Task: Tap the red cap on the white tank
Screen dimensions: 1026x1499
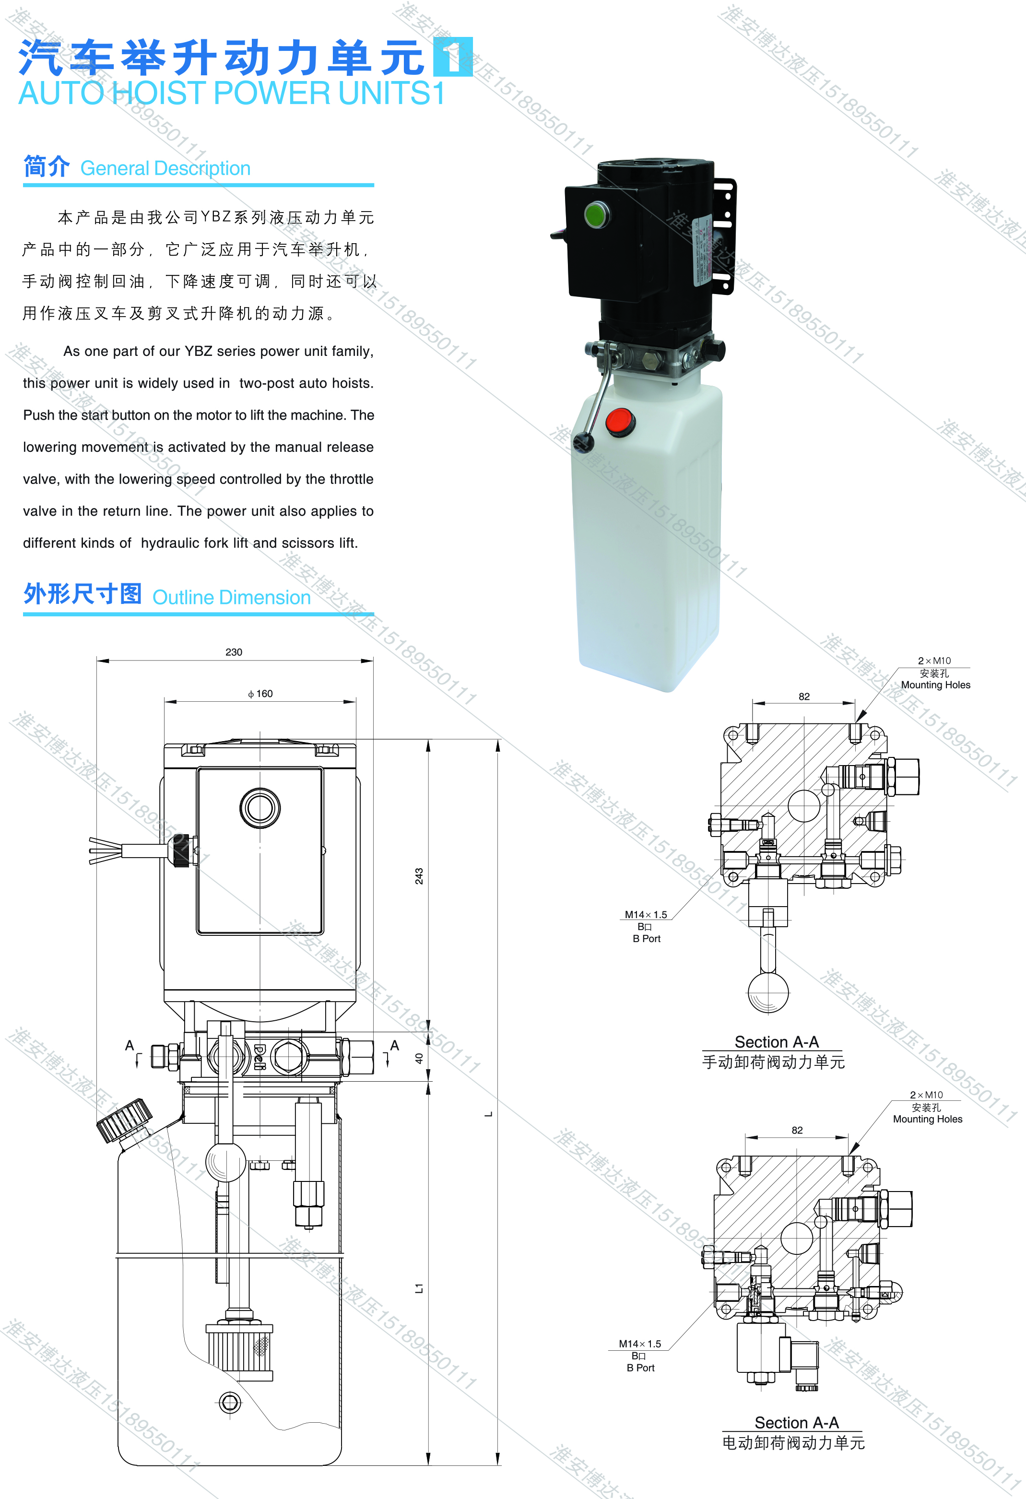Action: click(x=620, y=423)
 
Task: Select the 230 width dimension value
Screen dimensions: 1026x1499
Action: click(x=234, y=652)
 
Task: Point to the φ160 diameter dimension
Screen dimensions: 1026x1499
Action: click(x=260, y=694)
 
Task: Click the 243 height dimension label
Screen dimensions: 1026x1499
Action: click(x=419, y=876)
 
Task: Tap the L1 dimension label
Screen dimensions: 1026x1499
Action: click(x=419, y=1288)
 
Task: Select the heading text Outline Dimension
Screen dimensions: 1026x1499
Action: click(x=232, y=597)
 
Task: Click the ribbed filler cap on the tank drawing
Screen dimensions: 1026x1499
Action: click(x=124, y=1121)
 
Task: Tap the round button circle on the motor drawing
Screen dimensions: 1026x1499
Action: click(x=260, y=808)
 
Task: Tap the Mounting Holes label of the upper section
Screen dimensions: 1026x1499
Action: click(x=936, y=685)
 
